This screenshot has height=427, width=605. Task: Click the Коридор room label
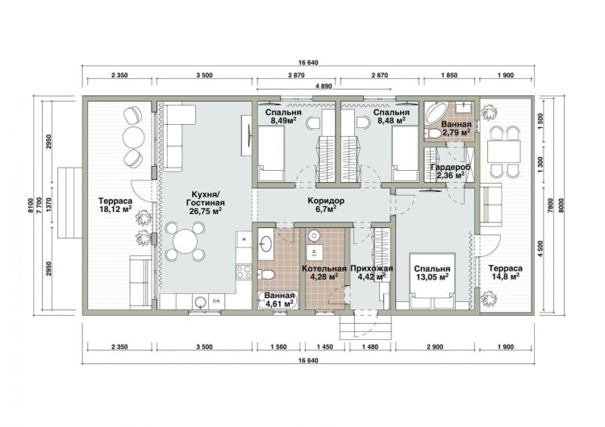(x=326, y=201)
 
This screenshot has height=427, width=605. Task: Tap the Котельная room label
(x=324, y=268)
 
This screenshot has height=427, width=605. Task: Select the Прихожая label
(x=372, y=268)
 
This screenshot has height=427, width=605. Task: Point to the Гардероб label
(x=451, y=168)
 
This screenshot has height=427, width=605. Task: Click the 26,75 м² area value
(x=205, y=211)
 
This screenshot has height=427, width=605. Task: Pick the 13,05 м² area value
(x=432, y=276)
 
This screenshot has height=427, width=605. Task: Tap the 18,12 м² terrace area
(x=115, y=209)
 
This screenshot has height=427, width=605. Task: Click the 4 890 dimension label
(x=323, y=86)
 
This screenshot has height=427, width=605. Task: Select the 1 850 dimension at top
(x=449, y=75)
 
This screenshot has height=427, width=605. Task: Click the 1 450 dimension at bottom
(x=325, y=347)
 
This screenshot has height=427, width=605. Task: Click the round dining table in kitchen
(x=186, y=241)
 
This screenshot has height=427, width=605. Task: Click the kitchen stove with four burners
(x=244, y=272)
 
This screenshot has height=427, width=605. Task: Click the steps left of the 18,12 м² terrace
(x=70, y=203)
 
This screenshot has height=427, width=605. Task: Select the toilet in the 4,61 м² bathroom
(x=266, y=275)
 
